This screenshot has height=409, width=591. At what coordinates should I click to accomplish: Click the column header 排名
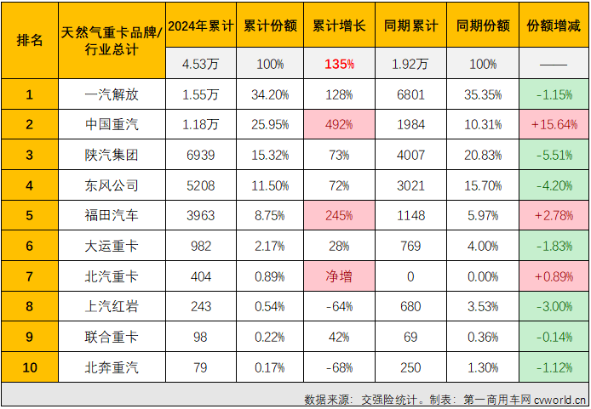(30, 41)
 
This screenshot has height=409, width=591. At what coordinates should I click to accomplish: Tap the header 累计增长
(339, 26)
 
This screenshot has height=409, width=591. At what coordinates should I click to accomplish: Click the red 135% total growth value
(339, 64)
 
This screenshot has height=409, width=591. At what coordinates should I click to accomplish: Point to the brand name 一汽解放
(112, 94)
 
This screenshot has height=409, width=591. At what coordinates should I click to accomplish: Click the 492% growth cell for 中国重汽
(339, 125)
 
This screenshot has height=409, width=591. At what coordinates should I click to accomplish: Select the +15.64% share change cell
(554, 125)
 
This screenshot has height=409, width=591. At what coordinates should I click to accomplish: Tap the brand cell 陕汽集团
(112, 155)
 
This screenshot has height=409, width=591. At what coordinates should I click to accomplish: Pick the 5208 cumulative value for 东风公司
(200, 185)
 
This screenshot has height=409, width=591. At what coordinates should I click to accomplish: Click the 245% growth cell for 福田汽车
(339, 216)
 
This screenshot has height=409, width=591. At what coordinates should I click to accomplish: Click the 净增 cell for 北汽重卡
(339, 276)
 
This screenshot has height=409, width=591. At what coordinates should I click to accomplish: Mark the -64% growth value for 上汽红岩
(339, 307)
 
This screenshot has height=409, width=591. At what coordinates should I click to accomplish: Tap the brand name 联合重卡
(112, 338)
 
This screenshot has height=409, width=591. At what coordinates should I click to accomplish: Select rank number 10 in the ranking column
(30, 367)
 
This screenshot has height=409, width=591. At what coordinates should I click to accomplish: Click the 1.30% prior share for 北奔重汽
(483, 367)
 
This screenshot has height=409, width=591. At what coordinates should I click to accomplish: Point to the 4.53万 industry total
(200, 64)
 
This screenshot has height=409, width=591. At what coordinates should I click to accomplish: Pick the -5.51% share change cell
(554, 155)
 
